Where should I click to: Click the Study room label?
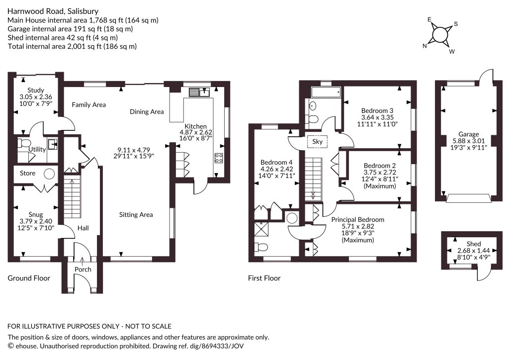click(x=36, y=90)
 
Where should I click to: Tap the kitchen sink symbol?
click(x=199, y=92)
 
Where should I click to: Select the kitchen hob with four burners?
click(x=219, y=158)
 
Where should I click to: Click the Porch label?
click(x=83, y=270)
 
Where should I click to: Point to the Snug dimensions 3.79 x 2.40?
click(x=36, y=221)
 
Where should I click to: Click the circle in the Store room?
click(x=49, y=174)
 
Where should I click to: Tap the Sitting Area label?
click(x=136, y=215)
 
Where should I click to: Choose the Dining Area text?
click(x=147, y=112)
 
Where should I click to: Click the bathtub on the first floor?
click(x=326, y=92)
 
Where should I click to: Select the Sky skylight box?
click(x=317, y=142)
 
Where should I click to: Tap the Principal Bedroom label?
click(x=358, y=220)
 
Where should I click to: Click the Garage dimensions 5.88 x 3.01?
click(x=468, y=141)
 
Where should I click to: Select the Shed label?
click(x=474, y=244)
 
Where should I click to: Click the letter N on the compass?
click(x=424, y=46)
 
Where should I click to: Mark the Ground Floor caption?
click(x=29, y=278)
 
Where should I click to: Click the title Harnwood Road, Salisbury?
click(x=53, y=11)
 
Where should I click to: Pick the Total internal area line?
click(x=72, y=46)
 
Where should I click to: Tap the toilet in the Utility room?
click(x=24, y=143)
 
